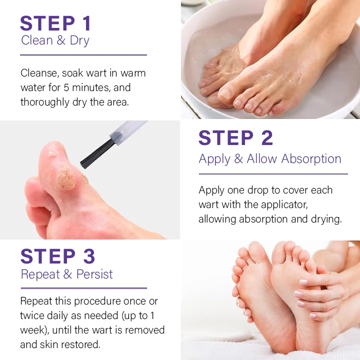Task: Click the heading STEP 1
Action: (x=55, y=23)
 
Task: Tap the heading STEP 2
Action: (x=236, y=138)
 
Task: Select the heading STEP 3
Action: (x=57, y=256)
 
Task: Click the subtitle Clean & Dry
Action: (x=55, y=40)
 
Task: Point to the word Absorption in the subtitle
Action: (x=311, y=159)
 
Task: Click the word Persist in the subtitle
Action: (x=94, y=274)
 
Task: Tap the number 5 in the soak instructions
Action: (x=66, y=87)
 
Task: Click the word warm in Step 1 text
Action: (x=133, y=73)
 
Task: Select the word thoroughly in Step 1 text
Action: (x=45, y=102)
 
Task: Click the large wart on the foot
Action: (x=66, y=178)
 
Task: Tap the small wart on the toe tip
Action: (x=51, y=154)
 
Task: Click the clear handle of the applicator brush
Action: (x=128, y=132)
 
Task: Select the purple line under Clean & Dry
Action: (x=83, y=55)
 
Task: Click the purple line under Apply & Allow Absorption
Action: (x=273, y=174)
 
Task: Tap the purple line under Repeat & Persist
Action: (x=84, y=288)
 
